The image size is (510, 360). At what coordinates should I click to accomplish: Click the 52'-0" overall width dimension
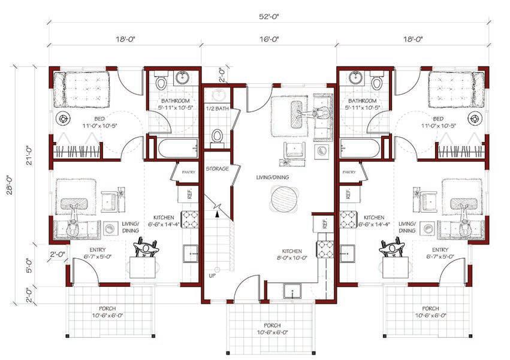click(269, 17)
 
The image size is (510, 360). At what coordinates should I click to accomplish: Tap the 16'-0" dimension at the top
click(269, 40)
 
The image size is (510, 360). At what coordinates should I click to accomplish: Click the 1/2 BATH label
click(218, 108)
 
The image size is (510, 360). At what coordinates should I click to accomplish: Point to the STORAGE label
click(218, 169)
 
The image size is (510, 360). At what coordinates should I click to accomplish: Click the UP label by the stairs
click(212, 276)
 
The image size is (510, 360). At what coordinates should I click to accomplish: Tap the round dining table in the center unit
click(283, 198)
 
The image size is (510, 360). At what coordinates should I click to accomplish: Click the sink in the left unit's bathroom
click(182, 78)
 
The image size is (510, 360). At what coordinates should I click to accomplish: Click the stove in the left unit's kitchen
click(190, 219)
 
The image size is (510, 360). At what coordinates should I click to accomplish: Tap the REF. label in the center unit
click(324, 223)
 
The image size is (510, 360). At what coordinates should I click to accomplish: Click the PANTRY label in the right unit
click(349, 172)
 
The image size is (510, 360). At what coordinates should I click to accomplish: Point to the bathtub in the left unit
click(178, 149)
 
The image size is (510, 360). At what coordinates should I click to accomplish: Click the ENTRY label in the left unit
click(98, 250)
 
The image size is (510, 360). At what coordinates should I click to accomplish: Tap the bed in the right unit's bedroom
click(456, 90)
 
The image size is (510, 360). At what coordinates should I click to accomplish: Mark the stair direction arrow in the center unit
click(217, 213)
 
